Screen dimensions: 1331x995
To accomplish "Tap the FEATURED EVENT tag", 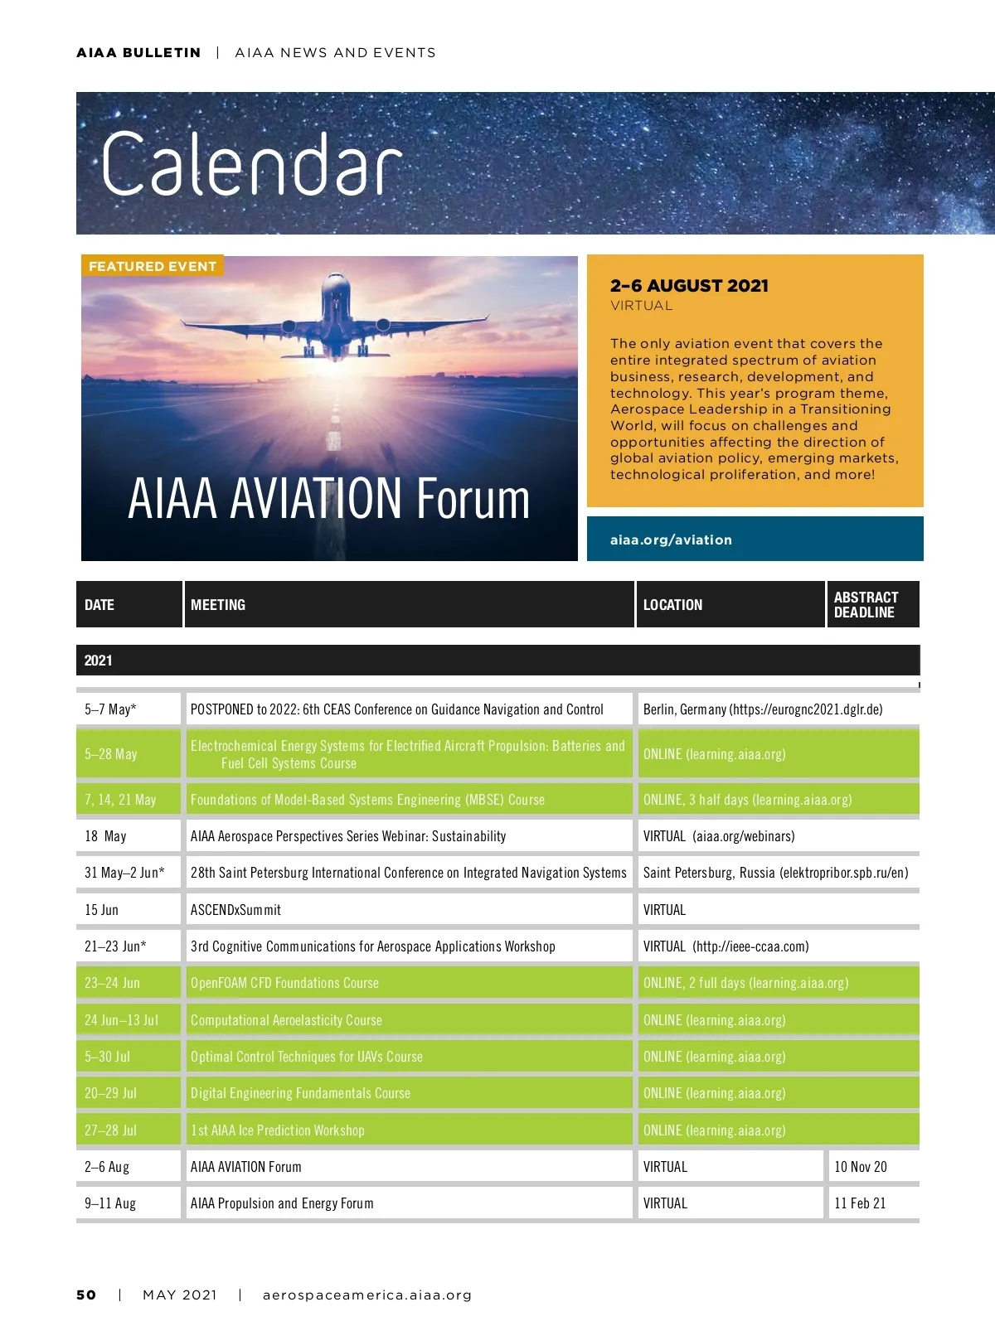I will [x=153, y=266].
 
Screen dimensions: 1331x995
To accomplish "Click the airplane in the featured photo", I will [x=335, y=319].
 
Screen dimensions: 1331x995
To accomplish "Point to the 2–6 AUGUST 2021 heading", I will [x=689, y=286].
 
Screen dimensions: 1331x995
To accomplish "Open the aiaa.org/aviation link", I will [x=671, y=540].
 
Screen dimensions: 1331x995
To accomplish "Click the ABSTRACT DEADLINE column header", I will [x=866, y=604].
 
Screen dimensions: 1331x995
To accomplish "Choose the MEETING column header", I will [x=218, y=605].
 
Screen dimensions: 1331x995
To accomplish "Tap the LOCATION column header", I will [x=672, y=605].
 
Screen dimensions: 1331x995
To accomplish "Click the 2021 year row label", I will [x=98, y=661].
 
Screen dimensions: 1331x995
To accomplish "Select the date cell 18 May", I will [x=105, y=836].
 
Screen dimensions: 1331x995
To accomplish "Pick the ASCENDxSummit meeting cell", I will [x=235, y=910].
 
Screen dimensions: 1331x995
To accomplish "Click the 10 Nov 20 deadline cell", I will [x=861, y=1167].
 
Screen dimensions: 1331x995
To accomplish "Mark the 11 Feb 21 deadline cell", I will [x=860, y=1203].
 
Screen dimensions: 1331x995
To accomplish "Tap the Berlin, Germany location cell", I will [x=763, y=709].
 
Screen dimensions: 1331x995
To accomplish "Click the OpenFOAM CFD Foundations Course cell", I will [x=284, y=983].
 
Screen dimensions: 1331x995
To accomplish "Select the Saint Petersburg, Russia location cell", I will [x=775, y=873].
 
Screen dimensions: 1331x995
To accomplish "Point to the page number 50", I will [x=86, y=1295].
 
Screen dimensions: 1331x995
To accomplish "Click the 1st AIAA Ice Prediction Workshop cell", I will [x=277, y=1130].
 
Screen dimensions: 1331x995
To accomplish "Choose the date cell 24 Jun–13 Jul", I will [x=121, y=1020].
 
